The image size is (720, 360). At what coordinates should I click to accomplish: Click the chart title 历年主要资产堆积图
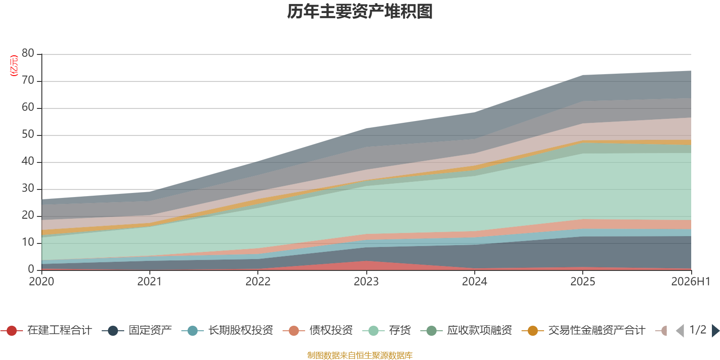click(x=360, y=12)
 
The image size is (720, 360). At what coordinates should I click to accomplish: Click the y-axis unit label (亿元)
click(x=14, y=66)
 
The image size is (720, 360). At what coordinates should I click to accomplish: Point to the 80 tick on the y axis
click(x=28, y=54)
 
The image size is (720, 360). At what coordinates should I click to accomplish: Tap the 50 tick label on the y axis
click(x=28, y=135)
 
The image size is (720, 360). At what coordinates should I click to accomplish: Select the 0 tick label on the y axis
click(x=31, y=269)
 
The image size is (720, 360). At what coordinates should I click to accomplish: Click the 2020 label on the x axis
click(x=41, y=282)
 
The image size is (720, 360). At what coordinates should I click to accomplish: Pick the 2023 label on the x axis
click(x=366, y=282)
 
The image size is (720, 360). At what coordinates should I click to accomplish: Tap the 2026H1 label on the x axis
click(x=690, y=282)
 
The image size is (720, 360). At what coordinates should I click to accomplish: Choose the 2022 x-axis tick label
click(x=258, y=282)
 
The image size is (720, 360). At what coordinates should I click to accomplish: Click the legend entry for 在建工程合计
click(x=47, y=330)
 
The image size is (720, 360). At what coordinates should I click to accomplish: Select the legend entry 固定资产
click(x=137, y=330)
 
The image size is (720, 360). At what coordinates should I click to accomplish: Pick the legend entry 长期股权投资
click(x=227, y=330)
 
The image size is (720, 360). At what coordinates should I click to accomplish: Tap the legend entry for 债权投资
click(x=318, y=330)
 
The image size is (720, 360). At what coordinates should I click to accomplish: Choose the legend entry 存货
click(x=387, y=330)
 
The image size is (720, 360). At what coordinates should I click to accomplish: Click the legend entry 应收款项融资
click(x=466, y=330)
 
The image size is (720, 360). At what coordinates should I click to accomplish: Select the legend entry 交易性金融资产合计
click(x=583, y=330)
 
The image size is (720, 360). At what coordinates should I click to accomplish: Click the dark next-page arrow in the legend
click(x=715, y=330)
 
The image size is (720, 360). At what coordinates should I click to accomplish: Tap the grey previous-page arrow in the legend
click(x=680, y=330)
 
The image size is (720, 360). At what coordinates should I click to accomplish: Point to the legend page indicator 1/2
click(x=698, y=330)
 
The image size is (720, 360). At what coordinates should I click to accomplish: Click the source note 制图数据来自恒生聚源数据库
click(x=360, y=355)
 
